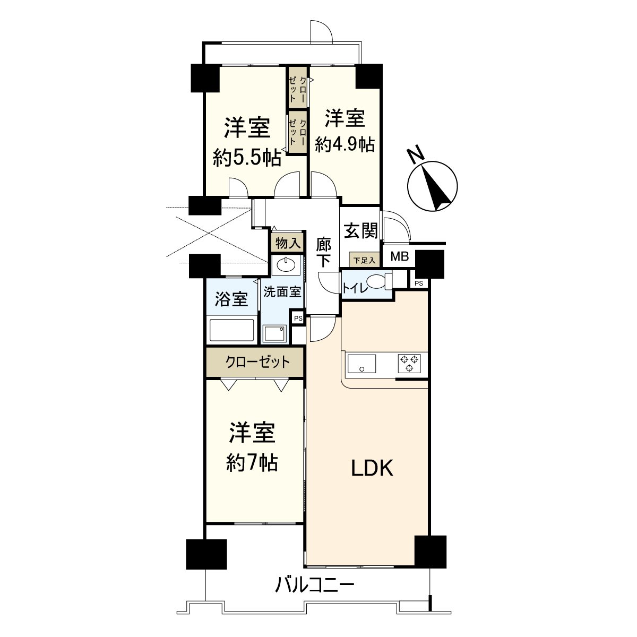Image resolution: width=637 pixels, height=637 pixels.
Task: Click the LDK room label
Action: (372, 468)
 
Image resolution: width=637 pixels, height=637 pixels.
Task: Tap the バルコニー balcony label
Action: (314, 586)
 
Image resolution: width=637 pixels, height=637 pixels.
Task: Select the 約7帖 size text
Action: (252, 463)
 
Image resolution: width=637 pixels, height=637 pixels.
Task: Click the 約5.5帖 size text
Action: (247, 158)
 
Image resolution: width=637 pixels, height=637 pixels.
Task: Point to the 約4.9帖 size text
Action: (345, 144)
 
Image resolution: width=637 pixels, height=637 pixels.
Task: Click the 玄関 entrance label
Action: (361, 231)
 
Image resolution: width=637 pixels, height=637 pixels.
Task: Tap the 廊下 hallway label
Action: (324, 253)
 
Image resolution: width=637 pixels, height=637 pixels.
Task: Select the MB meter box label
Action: (399, 258)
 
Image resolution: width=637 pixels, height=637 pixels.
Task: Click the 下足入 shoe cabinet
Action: (364, 260)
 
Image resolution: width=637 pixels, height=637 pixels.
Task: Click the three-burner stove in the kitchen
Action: (409, 363)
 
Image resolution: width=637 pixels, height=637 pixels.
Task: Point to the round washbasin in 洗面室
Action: (287, 264)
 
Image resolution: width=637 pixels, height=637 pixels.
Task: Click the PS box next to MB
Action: (419, 283)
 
